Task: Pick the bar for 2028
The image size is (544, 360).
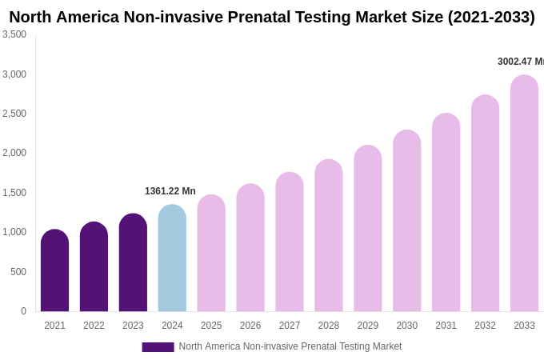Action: click(x=329, y=235)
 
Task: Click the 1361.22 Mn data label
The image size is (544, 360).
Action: click(x=170, y=191)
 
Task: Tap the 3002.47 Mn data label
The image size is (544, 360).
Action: click(x=520, y=62)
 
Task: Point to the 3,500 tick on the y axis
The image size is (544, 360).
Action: click(x=14, y=34)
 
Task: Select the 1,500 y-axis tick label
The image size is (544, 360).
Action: click(x=14, y=193)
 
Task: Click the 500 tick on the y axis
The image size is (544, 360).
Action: click(x=18, y=272)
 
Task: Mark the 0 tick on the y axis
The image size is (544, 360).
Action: click(x=23, y=311)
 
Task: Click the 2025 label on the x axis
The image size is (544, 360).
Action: click(x=211, y=326)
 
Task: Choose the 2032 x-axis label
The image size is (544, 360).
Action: click(x=485, y=326)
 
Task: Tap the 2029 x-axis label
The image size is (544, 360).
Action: click(x=368, y=326)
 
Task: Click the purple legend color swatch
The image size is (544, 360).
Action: click(x=158, y=347)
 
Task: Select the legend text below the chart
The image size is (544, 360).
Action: click(x=290, y=346)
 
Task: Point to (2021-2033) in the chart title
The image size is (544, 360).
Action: click(x=491, y=17)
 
